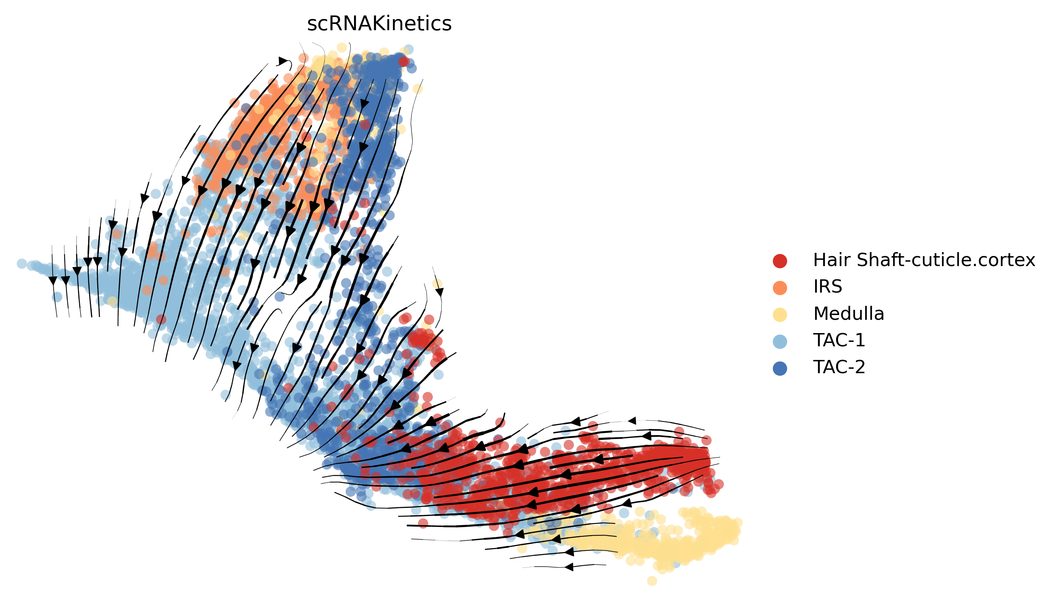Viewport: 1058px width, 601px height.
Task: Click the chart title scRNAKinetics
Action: coord(379,24)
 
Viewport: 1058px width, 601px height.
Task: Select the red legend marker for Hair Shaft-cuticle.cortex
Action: coord(779,261)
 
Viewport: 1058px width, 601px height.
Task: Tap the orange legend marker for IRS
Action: coord(779,288)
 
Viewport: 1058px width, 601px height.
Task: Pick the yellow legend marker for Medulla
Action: coord(779,315)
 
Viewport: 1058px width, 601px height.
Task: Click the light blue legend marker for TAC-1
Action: coord(779,342)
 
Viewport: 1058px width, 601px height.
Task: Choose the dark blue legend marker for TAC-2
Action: coord(779,368)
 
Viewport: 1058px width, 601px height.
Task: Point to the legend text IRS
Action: coord(827,286)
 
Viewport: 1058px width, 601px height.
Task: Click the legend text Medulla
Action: coord(848,314)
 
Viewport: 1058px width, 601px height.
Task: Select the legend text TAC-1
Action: coord(839,340)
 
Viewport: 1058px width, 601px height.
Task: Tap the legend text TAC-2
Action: coord(839,367)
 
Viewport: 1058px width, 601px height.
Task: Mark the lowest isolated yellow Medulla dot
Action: coord(652,581)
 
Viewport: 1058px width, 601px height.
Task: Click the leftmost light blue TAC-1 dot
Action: coord(21,264)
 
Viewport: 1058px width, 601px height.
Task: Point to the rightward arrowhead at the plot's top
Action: coord(283,61)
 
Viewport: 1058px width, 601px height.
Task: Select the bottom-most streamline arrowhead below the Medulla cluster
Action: coord(569,567)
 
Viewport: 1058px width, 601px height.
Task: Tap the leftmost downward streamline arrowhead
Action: coord(53,281)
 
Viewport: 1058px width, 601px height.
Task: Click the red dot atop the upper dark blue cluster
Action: coord(404,62)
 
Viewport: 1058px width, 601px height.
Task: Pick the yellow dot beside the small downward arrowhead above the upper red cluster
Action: coord(437,284)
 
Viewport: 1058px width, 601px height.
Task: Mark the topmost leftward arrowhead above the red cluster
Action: coord(632,421)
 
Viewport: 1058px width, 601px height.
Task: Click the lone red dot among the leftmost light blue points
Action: coord(161,319)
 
